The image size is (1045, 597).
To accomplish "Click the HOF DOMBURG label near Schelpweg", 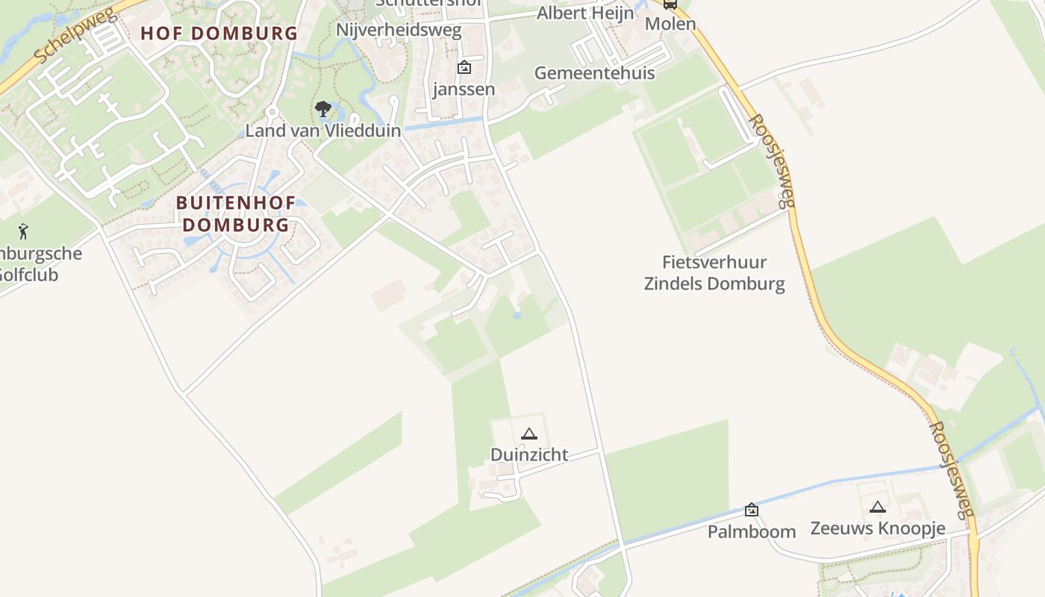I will tap(219, 34).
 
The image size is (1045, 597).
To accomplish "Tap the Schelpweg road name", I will tap(75, 36).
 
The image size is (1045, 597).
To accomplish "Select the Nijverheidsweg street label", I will tap(399, 31).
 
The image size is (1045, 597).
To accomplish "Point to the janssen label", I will tap(464, 90).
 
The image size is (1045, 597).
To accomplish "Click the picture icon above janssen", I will tap(464, 67).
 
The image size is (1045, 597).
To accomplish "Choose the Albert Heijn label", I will tap(585, 13).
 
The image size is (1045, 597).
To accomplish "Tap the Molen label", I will tap(670, 24).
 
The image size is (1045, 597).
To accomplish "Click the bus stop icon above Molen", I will tap(670, 4).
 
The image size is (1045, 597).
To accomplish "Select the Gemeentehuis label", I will tap(594, 73).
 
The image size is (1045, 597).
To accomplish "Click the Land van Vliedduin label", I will tap(323, 131).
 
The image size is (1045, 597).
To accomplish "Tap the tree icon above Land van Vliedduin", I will tap(323, 110).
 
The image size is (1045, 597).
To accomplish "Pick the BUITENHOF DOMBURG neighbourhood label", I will tap(236, 214).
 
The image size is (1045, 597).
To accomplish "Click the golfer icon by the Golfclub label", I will tap(24, 231).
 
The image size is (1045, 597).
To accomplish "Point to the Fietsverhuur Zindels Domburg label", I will tap(714, 273).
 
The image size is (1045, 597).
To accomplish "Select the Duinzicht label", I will tap(529, 454).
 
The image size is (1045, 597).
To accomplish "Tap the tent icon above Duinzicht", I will tap(529, 434).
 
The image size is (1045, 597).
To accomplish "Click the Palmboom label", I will tap(752, 531).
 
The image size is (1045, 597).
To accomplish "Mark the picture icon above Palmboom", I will tap(752, 510).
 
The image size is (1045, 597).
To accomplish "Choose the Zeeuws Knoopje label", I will tap(878, 528).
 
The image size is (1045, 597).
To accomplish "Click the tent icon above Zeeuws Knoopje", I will tap(878, 507).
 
